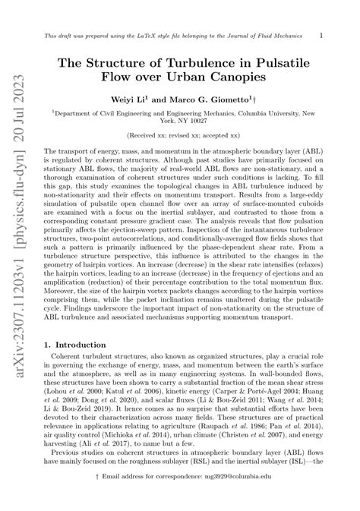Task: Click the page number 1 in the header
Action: [x=322, y=35]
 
